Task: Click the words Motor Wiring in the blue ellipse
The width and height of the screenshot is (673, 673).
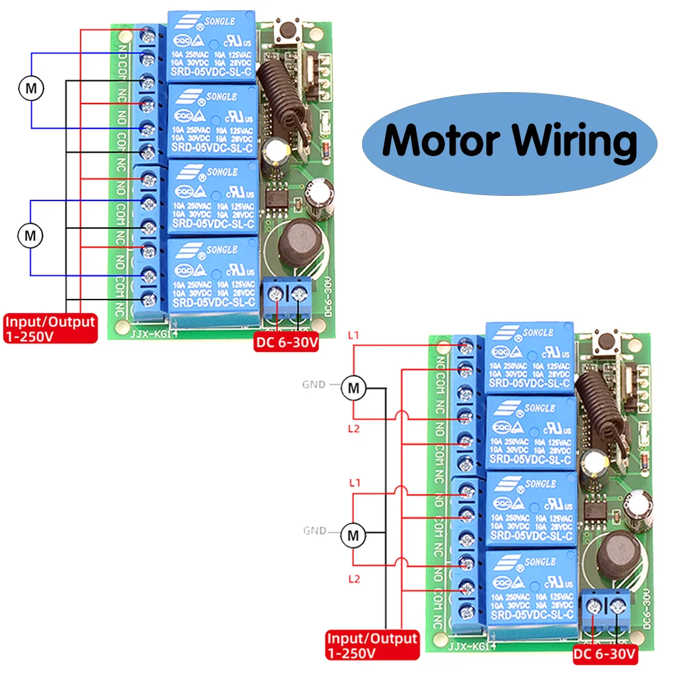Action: tap(509, 141)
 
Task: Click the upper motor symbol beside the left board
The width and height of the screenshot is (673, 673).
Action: tap(30, 87)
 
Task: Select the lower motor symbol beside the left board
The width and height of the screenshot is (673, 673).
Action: tap(30, 236)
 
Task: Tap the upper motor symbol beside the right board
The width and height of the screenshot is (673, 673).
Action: tap(353, 388)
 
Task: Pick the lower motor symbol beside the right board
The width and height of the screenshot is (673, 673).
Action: tap(353, 535)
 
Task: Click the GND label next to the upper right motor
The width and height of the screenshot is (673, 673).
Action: tap(314, 385)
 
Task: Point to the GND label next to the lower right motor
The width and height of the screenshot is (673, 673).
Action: tap(314, 531)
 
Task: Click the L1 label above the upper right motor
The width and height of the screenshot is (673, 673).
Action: tap(354, 334)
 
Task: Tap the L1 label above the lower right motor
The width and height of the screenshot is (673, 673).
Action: tap(354, 483)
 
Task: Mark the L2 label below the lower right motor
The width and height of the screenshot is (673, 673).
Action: tap(354, 579)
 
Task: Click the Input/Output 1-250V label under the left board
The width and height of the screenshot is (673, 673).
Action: tap(50, 328)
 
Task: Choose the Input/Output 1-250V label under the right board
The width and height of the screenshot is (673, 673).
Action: tap(372, 645)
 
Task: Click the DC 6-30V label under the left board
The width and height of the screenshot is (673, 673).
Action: tap(286, 342)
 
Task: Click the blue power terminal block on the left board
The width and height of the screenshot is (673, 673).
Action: tap(287, 295)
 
